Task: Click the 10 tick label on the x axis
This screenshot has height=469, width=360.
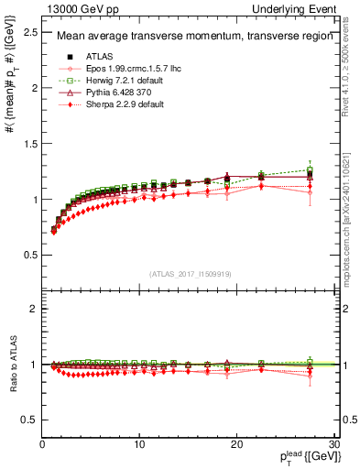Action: click(138, 444)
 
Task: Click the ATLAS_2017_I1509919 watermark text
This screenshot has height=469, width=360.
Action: click(188, 274)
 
